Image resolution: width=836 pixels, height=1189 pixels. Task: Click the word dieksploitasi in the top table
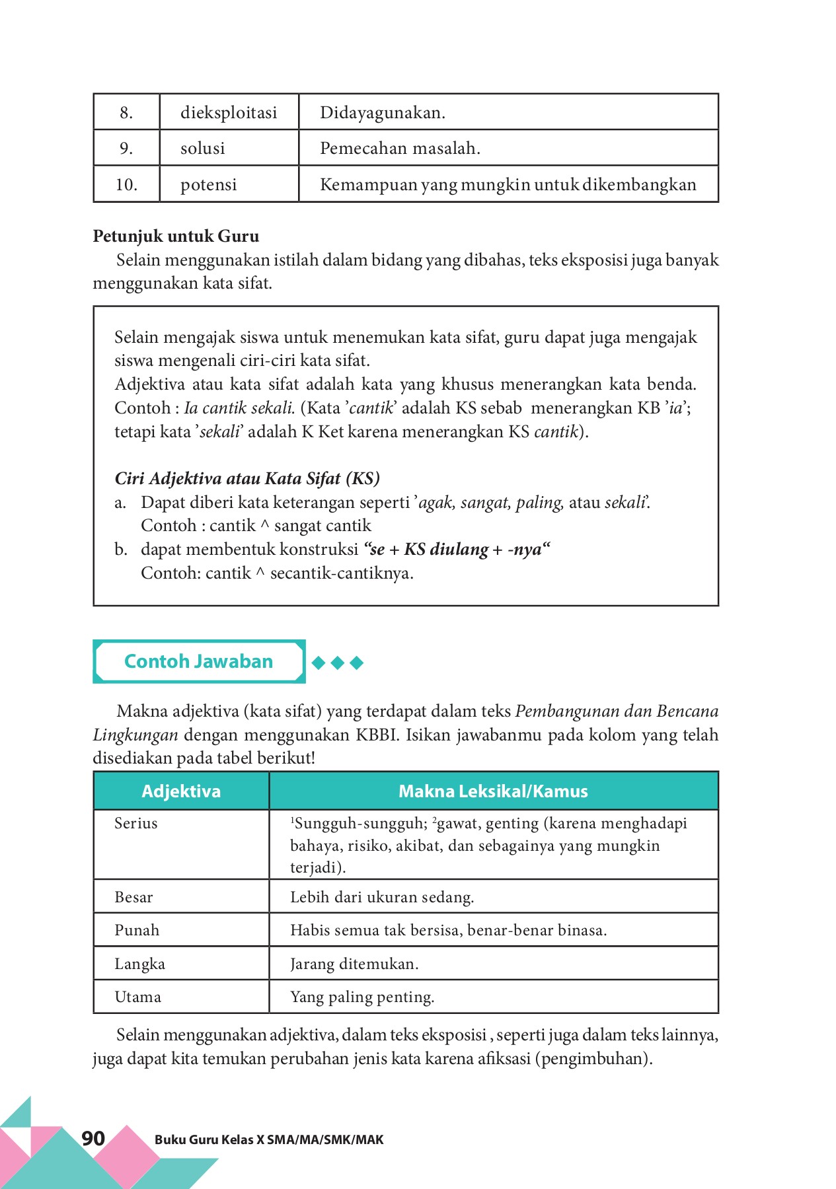[229, 113]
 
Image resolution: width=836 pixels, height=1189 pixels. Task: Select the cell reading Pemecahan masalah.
[400, 149]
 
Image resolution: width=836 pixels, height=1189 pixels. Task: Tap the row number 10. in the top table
[126, 185]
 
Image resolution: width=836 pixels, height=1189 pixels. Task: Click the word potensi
[208, 185]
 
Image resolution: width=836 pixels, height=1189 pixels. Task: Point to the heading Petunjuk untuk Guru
[176, 236]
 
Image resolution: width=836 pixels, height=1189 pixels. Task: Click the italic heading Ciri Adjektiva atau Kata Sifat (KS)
[247, 478]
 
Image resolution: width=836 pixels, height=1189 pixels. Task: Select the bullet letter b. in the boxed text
[120, 550]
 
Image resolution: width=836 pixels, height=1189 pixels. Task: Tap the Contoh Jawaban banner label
[198, 661]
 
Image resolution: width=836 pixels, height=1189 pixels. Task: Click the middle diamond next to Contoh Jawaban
[338, 663]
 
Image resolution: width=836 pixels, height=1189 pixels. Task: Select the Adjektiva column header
[181, 791]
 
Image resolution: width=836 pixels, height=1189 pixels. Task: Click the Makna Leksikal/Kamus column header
[493, 791]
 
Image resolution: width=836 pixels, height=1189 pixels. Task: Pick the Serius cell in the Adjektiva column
[136, 824]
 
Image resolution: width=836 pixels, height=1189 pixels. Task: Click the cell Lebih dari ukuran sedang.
[382, 897]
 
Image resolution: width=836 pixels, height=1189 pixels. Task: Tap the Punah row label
[137, 930]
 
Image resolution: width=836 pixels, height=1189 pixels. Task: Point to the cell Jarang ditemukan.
[354, 964]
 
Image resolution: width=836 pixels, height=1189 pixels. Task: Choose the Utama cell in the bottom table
[137, 997]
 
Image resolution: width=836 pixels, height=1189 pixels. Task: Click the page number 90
[93, 1138]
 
